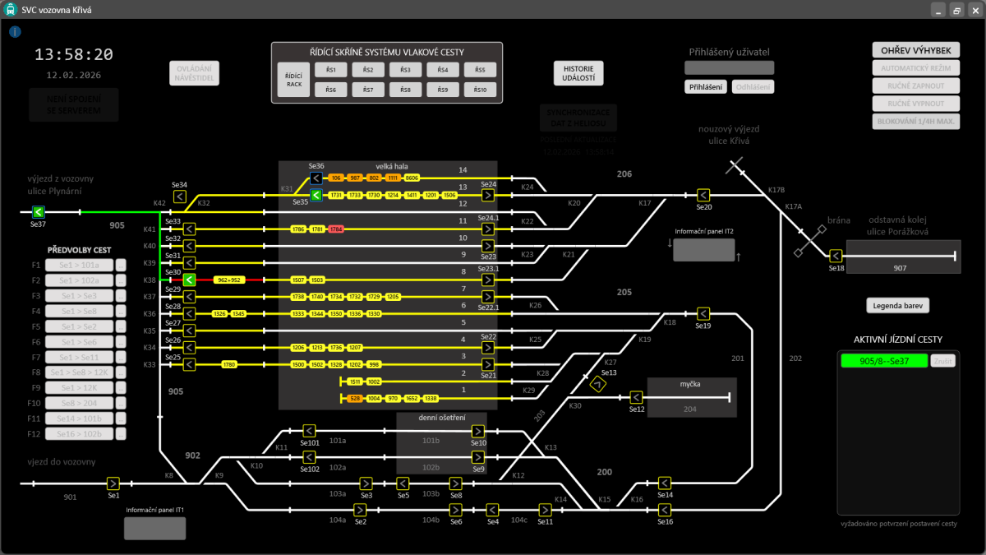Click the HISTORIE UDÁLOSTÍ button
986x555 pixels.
(578, 73)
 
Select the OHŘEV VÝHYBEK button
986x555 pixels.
(916, 50)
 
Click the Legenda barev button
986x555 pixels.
(897, 306)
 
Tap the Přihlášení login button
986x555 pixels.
(706, 86)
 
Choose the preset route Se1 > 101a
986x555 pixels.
(79, 266)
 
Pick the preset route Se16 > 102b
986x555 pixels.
(79, 433)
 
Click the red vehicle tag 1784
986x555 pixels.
(335, 229)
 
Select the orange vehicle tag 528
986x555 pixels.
(355, 398)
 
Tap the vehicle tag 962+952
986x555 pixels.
(228, 280)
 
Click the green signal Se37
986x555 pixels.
(38, 212)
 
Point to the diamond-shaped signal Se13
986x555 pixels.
(598, 382)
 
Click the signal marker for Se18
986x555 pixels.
(836, 256)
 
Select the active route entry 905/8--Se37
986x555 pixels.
(883, 361)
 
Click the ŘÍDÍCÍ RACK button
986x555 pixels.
(293, 80)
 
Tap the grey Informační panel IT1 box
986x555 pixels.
(154, 529)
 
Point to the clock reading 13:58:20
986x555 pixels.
(74, 55)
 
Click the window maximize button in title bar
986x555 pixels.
(956, 10)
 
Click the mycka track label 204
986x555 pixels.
(689, 409)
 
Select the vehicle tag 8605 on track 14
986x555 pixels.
(412, 178)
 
